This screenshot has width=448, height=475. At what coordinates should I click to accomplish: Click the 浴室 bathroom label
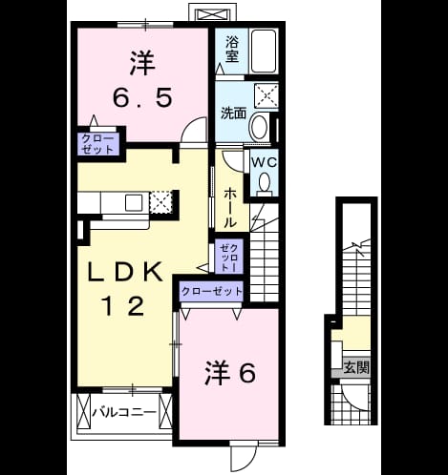[x=232, y=50]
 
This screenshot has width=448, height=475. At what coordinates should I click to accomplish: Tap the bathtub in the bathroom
[x=264, y=52]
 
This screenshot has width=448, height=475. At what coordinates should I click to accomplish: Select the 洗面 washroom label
[x=234, y=114]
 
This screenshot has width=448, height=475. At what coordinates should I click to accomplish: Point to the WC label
[x=264, y=162]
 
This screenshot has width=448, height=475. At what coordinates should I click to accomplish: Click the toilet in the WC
[x=265, y=184]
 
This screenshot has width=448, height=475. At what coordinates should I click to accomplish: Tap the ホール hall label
[x=229, y=207]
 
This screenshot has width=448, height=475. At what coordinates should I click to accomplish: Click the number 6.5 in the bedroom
[x=143, y=97]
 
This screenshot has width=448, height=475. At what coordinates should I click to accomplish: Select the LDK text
[x=124, y=272]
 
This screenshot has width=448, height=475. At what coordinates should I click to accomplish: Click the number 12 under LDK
[x=123, y=305]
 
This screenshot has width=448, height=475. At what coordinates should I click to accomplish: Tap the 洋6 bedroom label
[x=229, y=373]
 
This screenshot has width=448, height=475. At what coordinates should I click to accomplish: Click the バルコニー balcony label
[x=124, y=413]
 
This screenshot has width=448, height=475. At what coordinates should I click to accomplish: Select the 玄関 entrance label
[x=356, y=367]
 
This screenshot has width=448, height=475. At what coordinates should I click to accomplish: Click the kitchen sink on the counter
[x=134, y=203]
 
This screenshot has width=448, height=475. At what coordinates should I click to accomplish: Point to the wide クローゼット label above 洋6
[x=212, y=291]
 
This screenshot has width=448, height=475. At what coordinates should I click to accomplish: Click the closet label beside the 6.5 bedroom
[x=97, y=144]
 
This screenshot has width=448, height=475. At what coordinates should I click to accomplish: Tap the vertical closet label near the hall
[x=229, y=258]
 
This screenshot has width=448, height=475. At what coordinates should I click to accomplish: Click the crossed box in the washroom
[x=267, y=94]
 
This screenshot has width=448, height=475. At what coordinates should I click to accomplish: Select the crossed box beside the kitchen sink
[x=160, y=202]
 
